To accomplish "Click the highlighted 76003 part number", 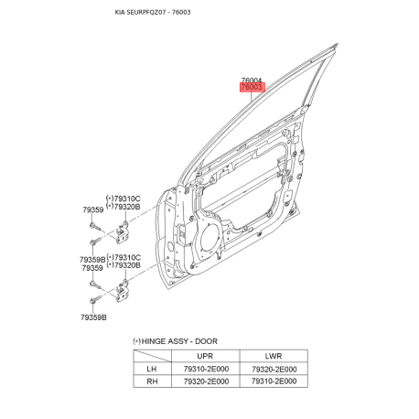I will [x=252, y=88].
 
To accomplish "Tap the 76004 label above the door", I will [x=252, y=80].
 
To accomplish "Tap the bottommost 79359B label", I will [x=94, y=317].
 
